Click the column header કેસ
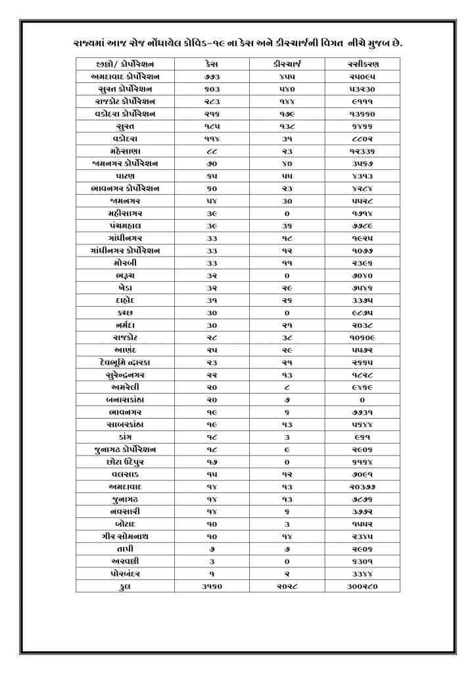point(212,65)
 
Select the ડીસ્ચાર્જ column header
point(287,65)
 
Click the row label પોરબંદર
point(125,573)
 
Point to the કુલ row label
point(125,586)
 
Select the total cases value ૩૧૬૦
point(212,586)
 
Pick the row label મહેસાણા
point(125,151)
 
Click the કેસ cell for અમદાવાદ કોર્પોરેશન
point(212,77)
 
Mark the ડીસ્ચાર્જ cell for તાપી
point(287,548)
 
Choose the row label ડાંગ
point(125,436)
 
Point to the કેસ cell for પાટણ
point(212,176)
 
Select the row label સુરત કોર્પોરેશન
point(125,90)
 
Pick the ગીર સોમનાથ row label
point(125,536)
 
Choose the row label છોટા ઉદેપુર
point(125,461)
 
